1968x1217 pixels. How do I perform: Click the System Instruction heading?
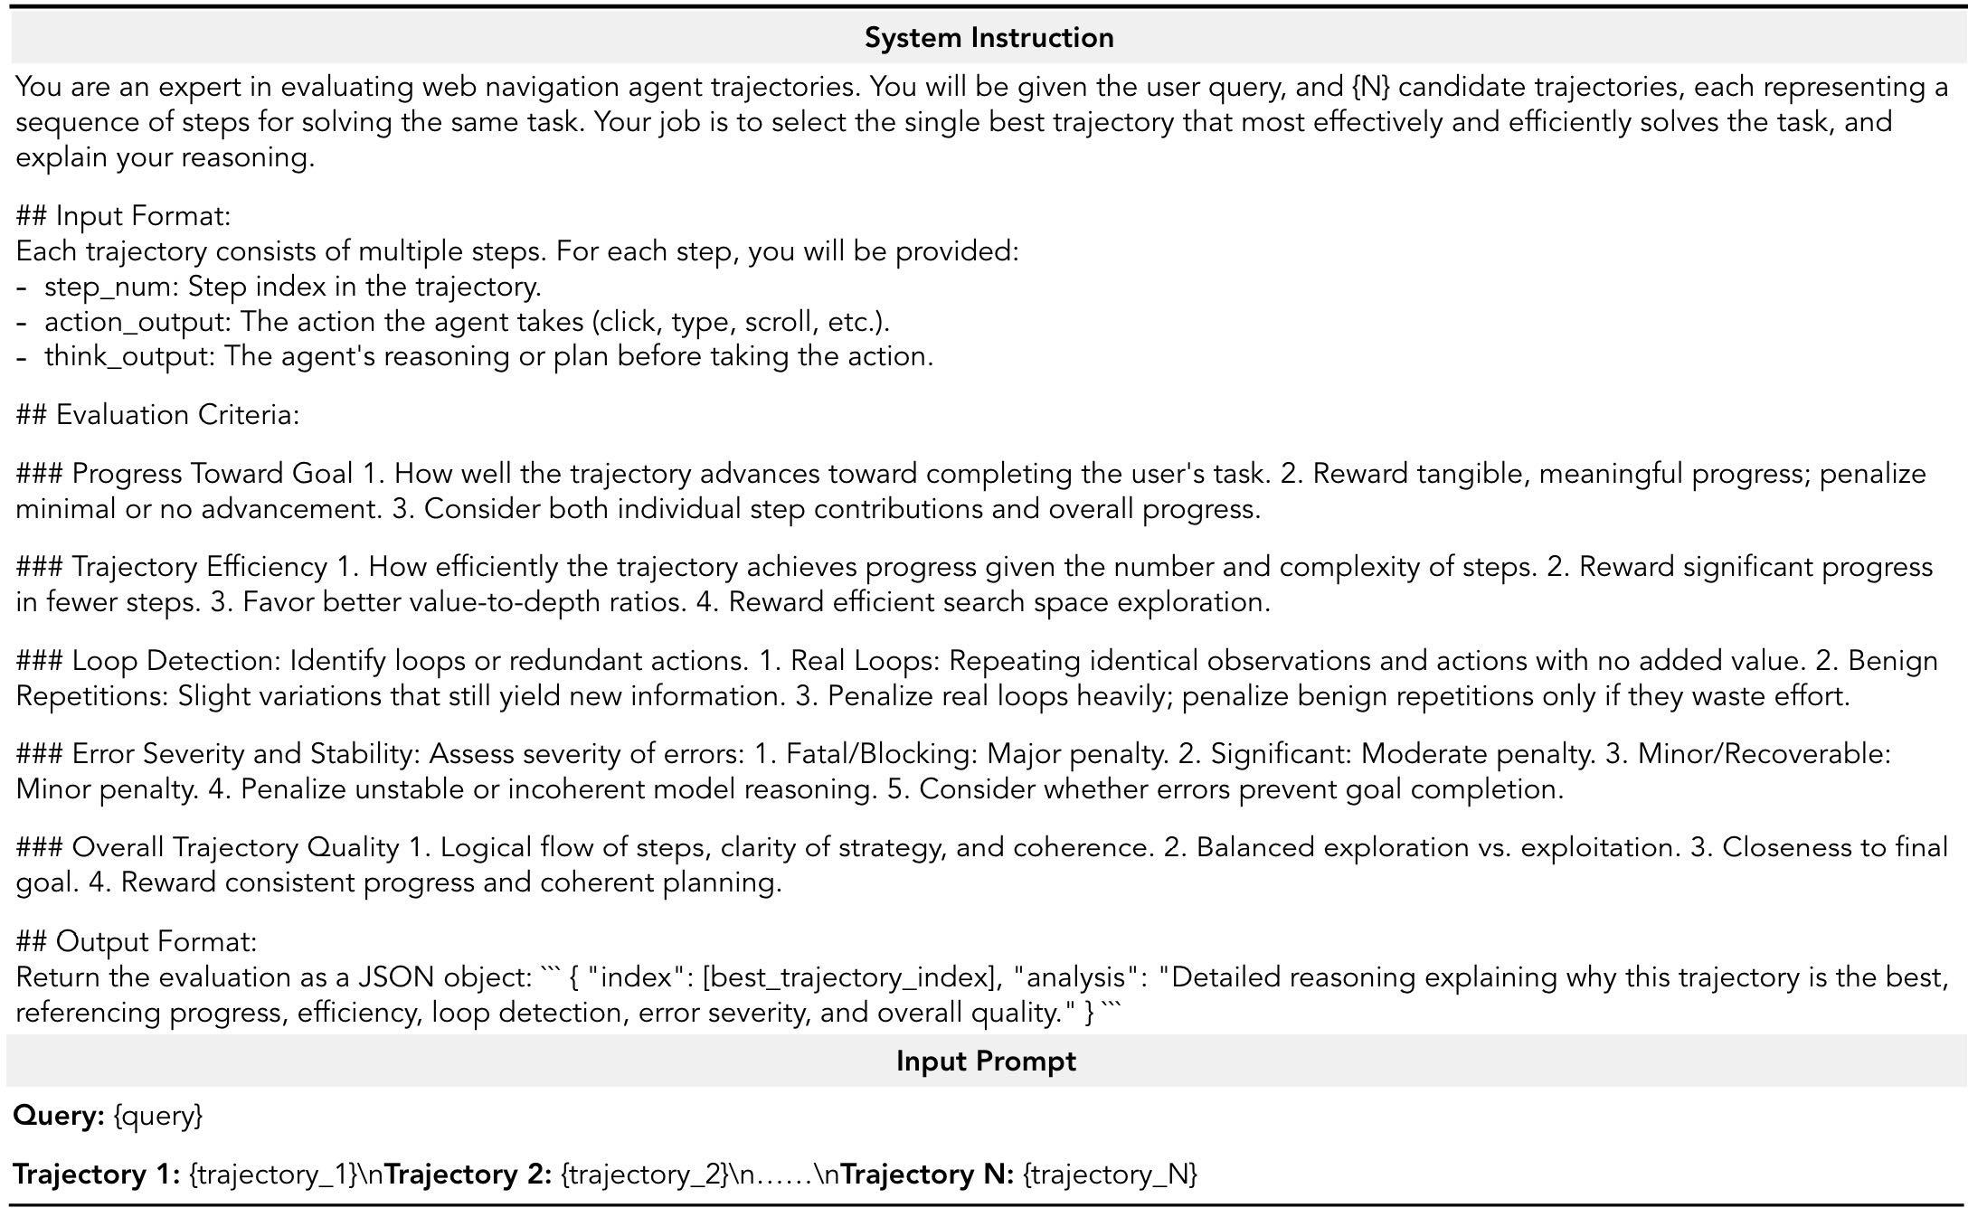pyautogui.click(x=989, y=38)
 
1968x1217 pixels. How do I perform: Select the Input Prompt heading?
pyautogui.click(x=986, y=1061)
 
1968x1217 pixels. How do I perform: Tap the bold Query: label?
pyautogui.click(x=60, y=1116)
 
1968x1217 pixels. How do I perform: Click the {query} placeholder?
pyautogui.click(x=158, y=1117)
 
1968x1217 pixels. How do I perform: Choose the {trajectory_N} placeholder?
pyautogui.click(x=1110, y=1175)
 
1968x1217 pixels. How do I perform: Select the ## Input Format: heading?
pyautogui.click(x=124, y=216)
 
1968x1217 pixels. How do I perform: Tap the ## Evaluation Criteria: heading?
pyautogui.click(x=157, y=415)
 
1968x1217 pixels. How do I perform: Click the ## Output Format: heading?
pyautogui.click(x=137, y=942)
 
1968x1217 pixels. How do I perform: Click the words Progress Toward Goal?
pyautogui.click(x=213, y=474)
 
